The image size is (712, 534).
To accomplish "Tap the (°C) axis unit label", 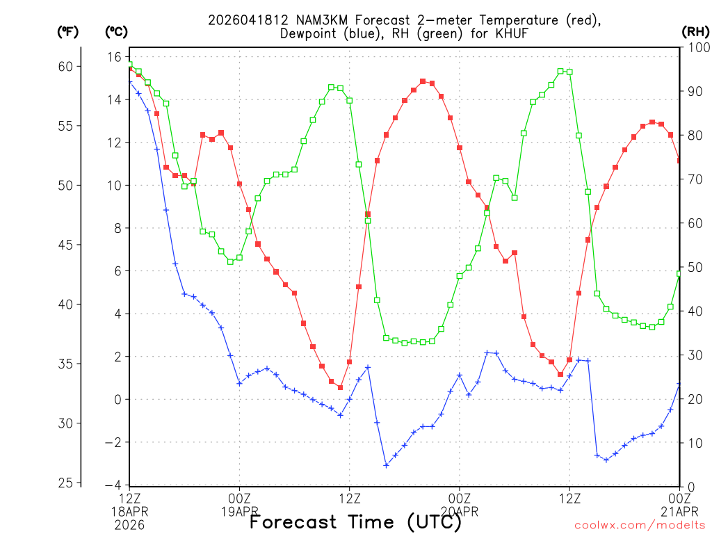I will coord(117,32).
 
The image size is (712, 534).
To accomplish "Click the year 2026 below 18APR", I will coord(130,524).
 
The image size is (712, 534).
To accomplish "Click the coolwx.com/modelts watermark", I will coord(640,526).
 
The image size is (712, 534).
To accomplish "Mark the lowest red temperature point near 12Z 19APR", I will coord(341,387).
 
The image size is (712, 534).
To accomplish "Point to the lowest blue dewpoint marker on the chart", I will coord(387,465).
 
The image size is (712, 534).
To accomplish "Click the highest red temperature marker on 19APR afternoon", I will coord(423,81).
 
